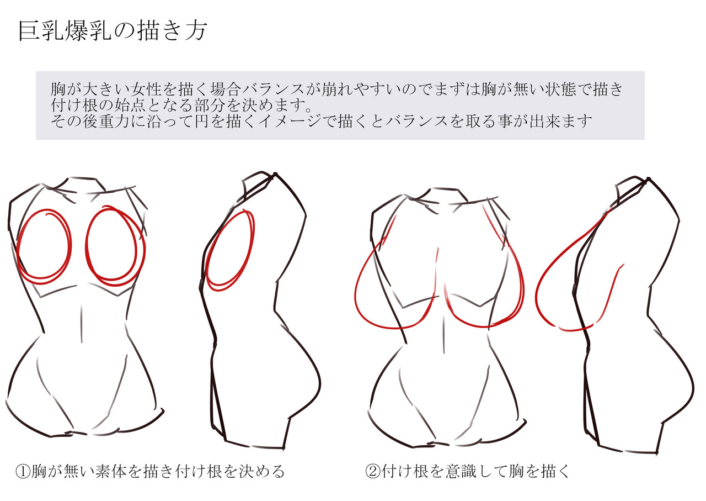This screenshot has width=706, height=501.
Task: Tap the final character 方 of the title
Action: [x=196, y=30]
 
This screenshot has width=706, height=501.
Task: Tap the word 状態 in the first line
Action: [x=561, y=89]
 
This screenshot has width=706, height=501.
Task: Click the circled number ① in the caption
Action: [x=23, y=472]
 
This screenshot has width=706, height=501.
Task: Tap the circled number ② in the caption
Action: [x=373, y=472]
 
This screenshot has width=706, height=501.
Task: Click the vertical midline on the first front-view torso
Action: [x=82, y=323]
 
